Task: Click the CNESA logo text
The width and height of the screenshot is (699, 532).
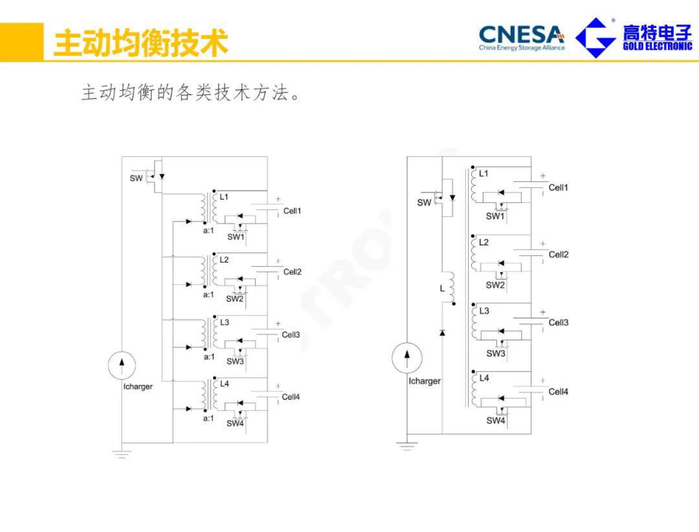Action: pyautogui.click(x=521, y=33)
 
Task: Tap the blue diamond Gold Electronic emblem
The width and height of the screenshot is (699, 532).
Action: pyautogui.click(x=595, y=38)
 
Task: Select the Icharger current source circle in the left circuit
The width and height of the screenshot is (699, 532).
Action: pyautogui.click(x=122, y=366)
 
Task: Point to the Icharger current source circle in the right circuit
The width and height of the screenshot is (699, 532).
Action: pyautogui.click(x=407, y=358)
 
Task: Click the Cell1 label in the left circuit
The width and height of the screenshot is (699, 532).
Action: pyautogui.click(x=292, y=211)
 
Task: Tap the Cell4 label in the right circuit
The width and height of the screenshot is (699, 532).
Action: pyautogui.click(x=558, y=392)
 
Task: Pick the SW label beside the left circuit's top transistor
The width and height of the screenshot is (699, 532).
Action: pyautogui.click(x=136, y=178)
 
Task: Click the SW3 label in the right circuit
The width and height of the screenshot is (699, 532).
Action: pyautogui.click(x=496, y=354)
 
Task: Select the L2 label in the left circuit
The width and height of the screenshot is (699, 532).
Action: pyautogui.click(x=224, y=260)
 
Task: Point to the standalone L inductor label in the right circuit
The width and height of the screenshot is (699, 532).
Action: pyautogui.click(x=443, y=289)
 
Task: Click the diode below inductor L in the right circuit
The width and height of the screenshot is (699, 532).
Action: pyautogui.click(x=443, y=332)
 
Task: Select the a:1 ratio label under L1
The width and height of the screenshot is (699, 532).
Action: pyautogui.click(x=208, y=231)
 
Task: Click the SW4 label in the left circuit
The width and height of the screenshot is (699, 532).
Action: pyautogui.click(x=235, y=423)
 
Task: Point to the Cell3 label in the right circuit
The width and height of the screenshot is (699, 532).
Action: pyautogui.click(x=558, y=323)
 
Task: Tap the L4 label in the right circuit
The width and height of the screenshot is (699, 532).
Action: pyautogui.click(x=484, y=378)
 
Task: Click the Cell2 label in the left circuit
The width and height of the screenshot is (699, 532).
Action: pyautogui.click(x=293, y=272)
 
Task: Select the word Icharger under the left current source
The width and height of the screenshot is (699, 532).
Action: pyautogui.click(x=138, y=387)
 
